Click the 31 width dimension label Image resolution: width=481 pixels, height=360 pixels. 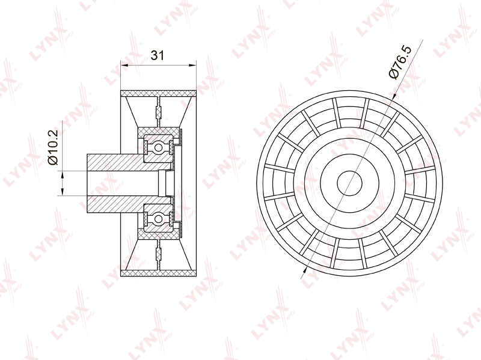[158, 55]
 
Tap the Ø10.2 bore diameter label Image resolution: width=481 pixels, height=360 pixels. [52, 147]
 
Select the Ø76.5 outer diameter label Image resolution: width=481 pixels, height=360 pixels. [400, 63]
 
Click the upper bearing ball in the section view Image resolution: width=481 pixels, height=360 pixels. [158, 148]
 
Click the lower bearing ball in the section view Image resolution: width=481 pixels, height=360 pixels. [158, 219]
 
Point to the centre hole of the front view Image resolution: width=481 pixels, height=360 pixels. [350, 183]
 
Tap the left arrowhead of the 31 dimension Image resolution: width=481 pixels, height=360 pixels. [124, 65]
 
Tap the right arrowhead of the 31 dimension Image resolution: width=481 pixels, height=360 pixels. [192, 65]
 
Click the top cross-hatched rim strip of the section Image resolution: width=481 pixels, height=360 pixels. [158, 93]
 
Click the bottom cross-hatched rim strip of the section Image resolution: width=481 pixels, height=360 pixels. [158, 273]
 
